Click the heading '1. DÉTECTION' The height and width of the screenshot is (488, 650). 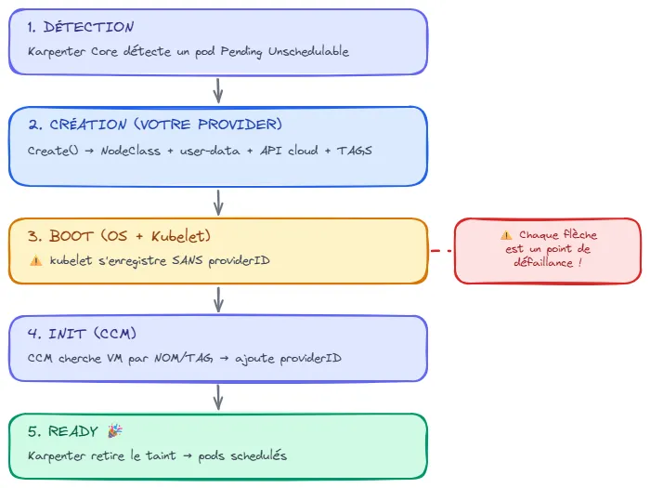81,27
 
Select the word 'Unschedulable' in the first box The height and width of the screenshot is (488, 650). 308,52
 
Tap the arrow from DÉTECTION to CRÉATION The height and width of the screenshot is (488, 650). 218,90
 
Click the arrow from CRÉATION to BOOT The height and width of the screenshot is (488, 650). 218,202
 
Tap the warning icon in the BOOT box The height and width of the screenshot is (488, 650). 35,261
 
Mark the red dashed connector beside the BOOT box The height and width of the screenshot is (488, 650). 441,251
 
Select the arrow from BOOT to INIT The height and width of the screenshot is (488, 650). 218,299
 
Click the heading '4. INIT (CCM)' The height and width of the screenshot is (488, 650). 85,334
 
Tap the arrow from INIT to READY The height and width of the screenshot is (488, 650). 218,397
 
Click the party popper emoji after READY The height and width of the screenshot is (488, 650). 115,431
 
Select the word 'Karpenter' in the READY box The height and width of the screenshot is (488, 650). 58,456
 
